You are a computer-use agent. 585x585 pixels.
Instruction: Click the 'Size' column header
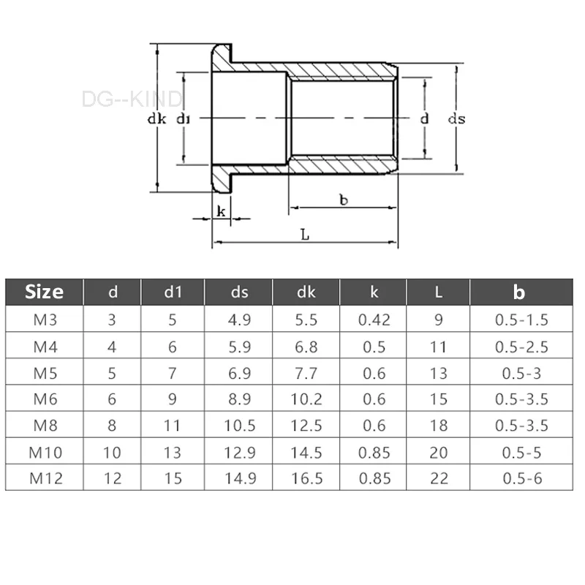tap(44, 292)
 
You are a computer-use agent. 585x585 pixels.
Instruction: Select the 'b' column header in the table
tap(519, 292)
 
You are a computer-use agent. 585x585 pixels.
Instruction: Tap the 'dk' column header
tap(306, 292)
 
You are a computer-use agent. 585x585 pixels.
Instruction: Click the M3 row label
tap(44, 320)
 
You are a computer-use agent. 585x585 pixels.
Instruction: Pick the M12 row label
tap(44, 478)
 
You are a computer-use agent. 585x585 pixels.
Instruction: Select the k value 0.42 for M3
tap(374, 320)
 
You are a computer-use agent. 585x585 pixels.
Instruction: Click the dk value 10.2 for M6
tap(306, 399)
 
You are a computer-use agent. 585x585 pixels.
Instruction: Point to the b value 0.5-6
tap(522, 478)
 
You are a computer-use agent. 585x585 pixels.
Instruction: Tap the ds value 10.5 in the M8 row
tap(239, 426)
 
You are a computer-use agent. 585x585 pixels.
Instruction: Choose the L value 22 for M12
tap(438, 478)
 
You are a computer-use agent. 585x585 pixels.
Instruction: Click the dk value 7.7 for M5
tap(306, 373)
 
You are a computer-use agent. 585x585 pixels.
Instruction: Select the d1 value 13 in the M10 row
tap(173, 453)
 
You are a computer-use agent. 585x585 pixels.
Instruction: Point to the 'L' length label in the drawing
tap(305, 235)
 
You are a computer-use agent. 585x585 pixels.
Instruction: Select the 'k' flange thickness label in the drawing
tap(221, 212)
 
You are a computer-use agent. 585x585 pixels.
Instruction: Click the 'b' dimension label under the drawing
tap(343, 200)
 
